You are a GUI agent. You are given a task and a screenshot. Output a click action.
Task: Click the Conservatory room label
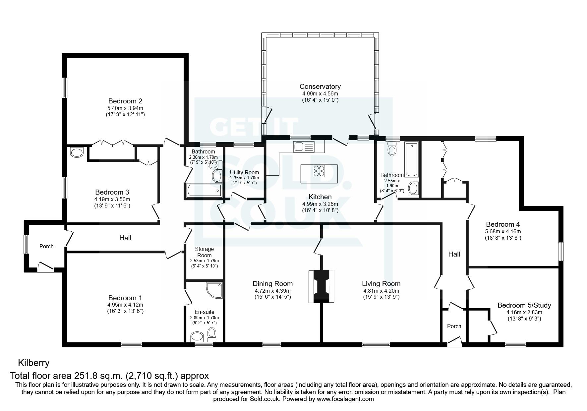click(x=320, y=87)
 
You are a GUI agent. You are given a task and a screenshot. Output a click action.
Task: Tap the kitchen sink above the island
click(x=303, y=146)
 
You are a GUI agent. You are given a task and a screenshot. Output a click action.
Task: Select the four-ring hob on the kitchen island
click(x=319, y=171)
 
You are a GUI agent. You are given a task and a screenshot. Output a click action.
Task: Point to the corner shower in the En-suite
click(x=214, y=289)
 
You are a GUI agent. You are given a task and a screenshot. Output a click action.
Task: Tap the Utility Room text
click(x=244, y=172)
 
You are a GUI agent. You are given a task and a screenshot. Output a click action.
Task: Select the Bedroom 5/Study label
click(x=524, y=305)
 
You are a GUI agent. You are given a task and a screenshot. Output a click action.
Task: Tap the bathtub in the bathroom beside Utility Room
click(x=204, y=191)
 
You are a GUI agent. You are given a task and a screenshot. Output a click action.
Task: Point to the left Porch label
click(x=46, y=246)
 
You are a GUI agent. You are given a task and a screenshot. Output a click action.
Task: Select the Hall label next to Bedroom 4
click(x=454, y=254)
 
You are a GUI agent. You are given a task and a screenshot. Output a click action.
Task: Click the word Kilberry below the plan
click(x=33, y=363)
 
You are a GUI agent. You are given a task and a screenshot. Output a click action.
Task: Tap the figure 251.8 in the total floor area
click(x=91, y=376)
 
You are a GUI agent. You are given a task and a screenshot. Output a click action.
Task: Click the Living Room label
click(x=381, y=284)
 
